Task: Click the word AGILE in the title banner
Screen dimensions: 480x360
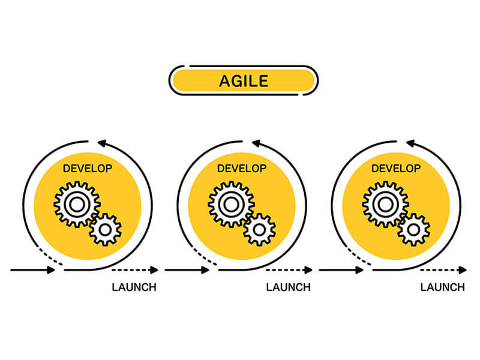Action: coord(244,81)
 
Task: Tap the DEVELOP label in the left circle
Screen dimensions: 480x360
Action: coord(88,169)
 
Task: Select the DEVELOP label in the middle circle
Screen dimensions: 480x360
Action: coord(242,169)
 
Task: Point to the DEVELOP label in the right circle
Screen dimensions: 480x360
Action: coord(396,169)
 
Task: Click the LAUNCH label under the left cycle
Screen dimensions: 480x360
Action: coord(134,287)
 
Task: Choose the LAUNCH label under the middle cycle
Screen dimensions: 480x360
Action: coord(289,287)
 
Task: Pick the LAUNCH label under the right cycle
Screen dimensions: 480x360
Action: coord(443,287)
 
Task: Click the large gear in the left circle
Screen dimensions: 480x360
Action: coord(77,204)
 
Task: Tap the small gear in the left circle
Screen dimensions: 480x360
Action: coord(106,230)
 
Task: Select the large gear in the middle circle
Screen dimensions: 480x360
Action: coord(231,204)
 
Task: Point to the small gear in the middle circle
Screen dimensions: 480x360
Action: coord(260,230)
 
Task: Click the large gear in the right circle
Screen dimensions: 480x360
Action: coord(385,204)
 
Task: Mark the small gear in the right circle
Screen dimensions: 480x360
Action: coord(414,230)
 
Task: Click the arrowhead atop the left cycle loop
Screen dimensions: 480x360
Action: coord(102,143)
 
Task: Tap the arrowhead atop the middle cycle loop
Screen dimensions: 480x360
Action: coord(256,143)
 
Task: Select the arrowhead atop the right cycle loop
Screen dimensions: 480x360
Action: coord(410,143)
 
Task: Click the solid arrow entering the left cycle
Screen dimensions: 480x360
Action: coord(32,270)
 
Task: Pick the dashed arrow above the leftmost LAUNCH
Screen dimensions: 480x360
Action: coord(135,270)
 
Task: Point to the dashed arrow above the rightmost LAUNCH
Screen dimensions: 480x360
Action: coord(443,270)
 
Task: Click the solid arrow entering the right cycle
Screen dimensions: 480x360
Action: coord(341,270)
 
